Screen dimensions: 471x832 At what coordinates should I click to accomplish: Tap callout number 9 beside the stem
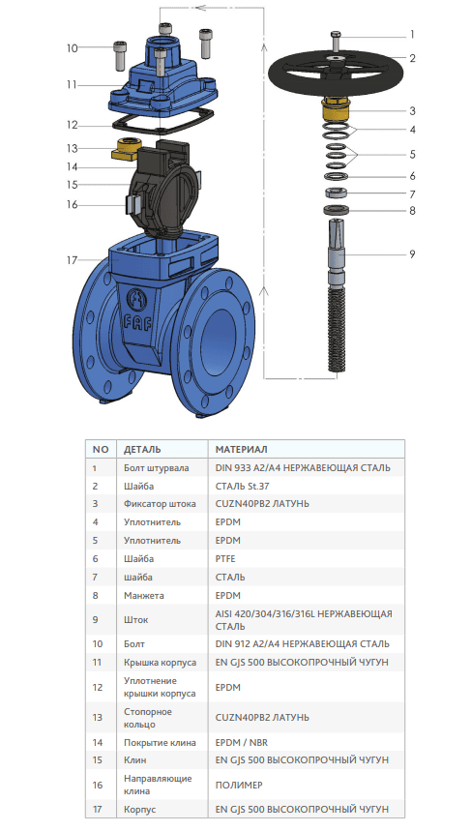[412, 254]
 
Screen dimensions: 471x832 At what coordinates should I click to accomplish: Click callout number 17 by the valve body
[73, 260]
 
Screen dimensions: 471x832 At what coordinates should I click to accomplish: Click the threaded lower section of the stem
[336, 329]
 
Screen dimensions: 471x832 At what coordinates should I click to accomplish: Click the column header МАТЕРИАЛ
[242, 450]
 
